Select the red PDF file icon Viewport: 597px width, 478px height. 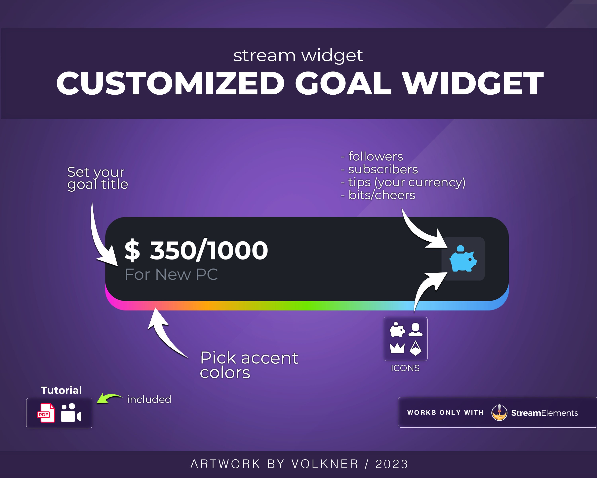(46, 413)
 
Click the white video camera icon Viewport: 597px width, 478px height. (71, 413)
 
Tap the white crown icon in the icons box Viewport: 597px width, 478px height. (397, 348)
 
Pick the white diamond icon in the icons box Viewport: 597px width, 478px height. (415, 348)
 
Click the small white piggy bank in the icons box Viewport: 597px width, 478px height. (397, 330)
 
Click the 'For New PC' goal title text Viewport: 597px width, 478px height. (171, 275)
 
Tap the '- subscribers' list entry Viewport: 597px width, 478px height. (379, 169)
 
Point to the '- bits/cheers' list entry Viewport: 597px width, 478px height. (378, 195)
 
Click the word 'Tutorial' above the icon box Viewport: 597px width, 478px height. (61, 390)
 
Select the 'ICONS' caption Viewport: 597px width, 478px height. (405, 368)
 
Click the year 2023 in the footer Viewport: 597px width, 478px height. (392, 464)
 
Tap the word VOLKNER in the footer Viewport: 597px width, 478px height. (325, 464)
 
